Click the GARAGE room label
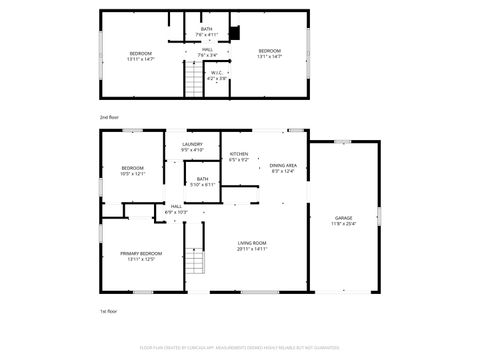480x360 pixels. [343, 217]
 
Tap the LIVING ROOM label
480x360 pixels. [251, 243]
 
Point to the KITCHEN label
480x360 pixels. [238, 153]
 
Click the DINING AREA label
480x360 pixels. [283, 165]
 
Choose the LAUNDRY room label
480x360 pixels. [193, 145]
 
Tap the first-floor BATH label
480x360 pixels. [202, 179]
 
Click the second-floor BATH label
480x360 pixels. [206, 29]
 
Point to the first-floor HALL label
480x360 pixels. [176, 206]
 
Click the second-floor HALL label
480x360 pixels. [207, 49]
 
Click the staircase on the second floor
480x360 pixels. [192, 78]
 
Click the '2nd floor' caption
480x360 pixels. [109, 117]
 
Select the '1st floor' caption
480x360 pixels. [109, 311]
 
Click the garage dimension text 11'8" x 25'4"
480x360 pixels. [343, 223]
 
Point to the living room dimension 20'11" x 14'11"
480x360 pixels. [251, 249]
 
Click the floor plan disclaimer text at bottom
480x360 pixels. [240, 347]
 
